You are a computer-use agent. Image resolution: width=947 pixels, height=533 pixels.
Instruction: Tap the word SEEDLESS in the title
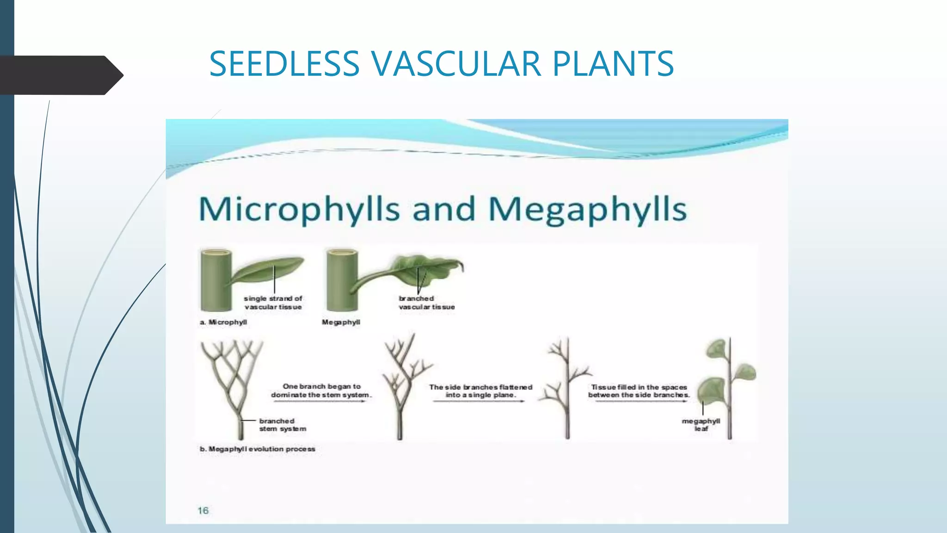pyautogui.click(x=284, y=63)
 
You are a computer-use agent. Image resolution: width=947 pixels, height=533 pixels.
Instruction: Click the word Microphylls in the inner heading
pyautogui.click(x=299, y=209)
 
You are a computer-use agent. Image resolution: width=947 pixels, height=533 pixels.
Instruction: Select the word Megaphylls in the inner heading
pyautogui.click(x=587, y=209)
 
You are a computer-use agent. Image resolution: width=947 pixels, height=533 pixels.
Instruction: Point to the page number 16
pyautogui.click(x=203, y=510)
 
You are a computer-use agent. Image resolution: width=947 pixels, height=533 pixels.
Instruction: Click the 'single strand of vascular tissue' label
pyautogui.click(x=273, y=303)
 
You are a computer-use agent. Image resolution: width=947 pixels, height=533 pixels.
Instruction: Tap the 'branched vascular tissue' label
pyautogui.click(x=426, y=303)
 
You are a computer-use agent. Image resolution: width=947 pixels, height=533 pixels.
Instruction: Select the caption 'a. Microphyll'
pyautogui.click(x=223, y=322)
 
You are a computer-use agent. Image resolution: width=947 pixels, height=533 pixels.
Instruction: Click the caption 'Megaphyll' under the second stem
pyautogui.click(x=341, y=322)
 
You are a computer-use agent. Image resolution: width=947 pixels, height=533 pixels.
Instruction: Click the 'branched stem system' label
pyautogui.click(x=283, y=425)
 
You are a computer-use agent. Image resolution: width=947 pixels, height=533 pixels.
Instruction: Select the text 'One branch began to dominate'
pyautogui.click(x=321, y=386)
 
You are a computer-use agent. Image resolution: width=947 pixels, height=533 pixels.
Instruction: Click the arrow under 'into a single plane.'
pyautogui.click(x=479, y=401)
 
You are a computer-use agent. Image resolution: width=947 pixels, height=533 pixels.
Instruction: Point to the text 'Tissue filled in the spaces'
pyautogui.click(x=639, y=387)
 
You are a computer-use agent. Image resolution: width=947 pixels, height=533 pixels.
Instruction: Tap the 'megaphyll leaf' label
pyautogui.click(x=701, y=425)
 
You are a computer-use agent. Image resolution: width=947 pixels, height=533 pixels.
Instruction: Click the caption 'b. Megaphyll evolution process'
pyautogui.click(x=257, y=449)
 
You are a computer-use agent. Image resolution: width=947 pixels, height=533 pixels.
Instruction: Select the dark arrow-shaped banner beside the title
pyautogui.click(x=60, y=75)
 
